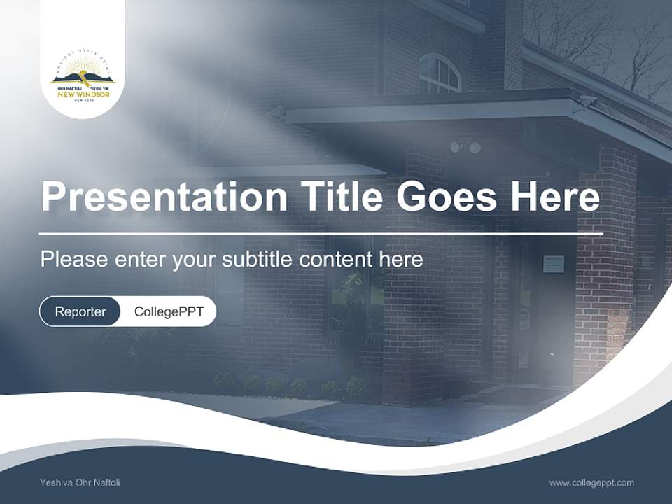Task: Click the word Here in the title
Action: click(554, 197)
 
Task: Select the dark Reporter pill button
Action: click(80, 311)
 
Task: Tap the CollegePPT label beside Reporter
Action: click(169, 311)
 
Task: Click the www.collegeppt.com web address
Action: click(591, 482)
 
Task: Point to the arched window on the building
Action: click(440, 73)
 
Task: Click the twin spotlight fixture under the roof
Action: click(465, 147)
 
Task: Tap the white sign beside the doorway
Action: click(553, 264)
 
